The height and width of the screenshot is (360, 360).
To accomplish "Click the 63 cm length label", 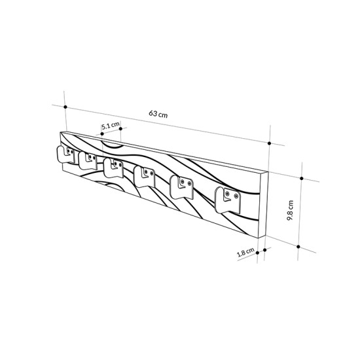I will point(158,113).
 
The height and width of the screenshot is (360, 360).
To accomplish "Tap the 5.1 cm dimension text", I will point(110,124).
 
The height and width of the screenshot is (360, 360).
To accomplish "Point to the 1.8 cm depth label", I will point(246,252).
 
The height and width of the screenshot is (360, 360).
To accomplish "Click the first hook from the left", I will point(63,153).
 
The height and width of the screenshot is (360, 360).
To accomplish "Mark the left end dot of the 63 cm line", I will point(65,107).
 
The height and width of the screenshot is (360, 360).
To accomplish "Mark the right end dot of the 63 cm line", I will point(270,143).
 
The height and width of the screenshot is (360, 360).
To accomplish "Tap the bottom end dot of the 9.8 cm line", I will point(298,246).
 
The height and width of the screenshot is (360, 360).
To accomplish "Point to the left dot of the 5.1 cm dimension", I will point(101,134).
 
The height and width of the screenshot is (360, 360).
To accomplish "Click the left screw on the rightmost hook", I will point(227,193).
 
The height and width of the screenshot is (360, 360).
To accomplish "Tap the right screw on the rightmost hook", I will point(236,194).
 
